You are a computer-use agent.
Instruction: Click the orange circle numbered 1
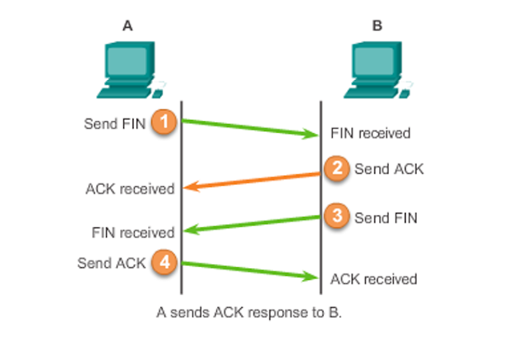(165, 122)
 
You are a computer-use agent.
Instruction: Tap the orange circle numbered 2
(338, 168)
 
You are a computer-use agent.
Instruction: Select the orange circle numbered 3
(338, 216)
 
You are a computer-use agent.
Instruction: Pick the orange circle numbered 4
(165, 262)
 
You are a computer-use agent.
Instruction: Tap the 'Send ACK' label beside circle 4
(112, 262)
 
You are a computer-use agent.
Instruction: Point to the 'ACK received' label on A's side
(130, 190)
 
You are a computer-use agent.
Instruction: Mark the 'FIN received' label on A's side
(133, 233)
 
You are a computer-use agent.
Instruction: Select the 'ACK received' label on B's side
(374, 279)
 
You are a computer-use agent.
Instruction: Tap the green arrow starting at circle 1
(251, 128)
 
